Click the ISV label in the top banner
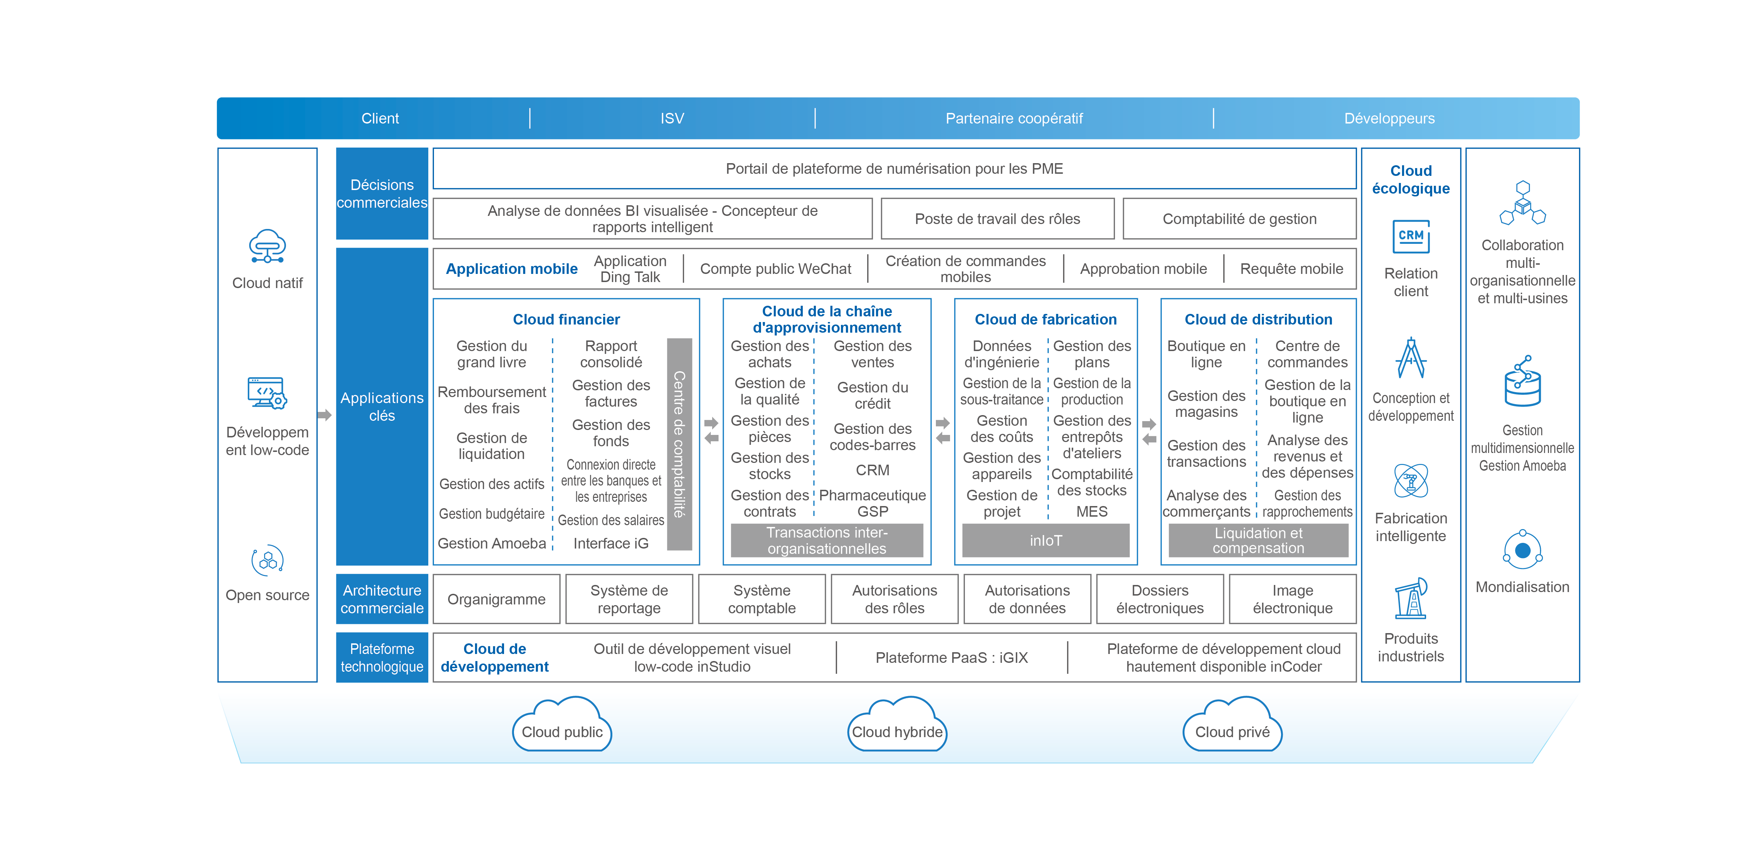671,119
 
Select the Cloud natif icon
267,247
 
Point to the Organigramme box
496,599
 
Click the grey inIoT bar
1046,541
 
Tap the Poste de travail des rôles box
997,219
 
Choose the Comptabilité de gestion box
1239,219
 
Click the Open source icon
267,560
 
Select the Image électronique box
1292,599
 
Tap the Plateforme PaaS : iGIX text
951,658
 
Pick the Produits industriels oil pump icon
1411,598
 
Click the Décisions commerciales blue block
382,194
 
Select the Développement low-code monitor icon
267,394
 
